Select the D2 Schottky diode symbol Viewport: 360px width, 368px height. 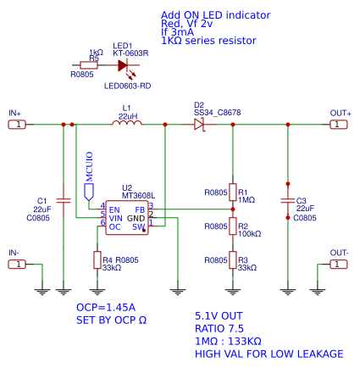[x=200, y=124]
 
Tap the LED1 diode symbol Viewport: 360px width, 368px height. [x=124, y=64]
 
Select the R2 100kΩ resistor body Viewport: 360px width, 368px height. [x=232, y=226]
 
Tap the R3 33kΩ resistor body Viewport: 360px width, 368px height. [x=232, y=259]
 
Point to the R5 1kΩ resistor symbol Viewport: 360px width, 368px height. [x=89, y=64]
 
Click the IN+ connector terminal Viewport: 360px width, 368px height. [x=17, y=124]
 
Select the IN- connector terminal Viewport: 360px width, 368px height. [x=17, y=264]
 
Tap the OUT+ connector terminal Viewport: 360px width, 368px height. [x=338, y=124]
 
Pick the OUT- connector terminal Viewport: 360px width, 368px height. [x=338, y=264]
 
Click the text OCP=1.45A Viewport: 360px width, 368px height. [x=106, y=307]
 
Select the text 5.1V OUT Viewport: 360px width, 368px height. [x=219, y=315]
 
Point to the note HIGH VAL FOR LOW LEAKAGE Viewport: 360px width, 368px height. [x=269, y=354]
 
